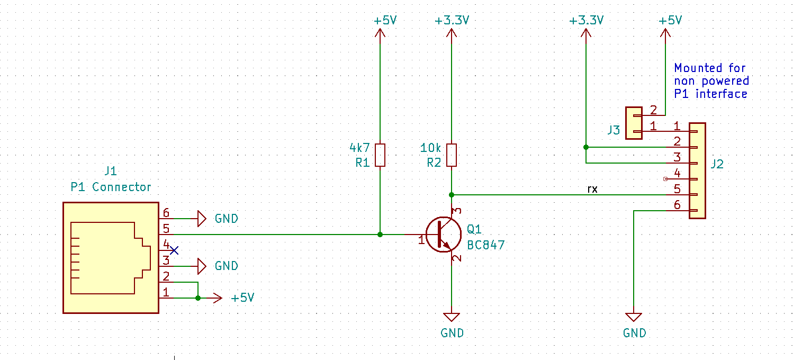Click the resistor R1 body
(x=380, y=155)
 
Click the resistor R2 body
(x=451, y=155)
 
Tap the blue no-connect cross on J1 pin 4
(x=174, y=250)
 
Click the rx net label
(x=592, y=188)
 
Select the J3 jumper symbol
(x=633, y=123)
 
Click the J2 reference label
(x=717, y=164)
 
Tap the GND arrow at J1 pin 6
(x=201, y=218)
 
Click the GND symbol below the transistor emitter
(x=451, y=317)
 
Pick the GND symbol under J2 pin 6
(x=634, y=317)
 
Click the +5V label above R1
(x=385, y=21)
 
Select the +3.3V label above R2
(x=452, y=21)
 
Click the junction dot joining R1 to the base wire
(x=380, y=234)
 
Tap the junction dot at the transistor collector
(x=451, y=195)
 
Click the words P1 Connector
(x=111, y=187)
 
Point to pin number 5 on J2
(x=677, y=188)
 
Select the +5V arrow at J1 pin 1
(x=216, y=298)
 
